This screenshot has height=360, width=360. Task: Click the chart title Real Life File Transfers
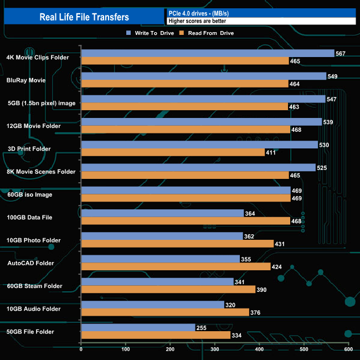84,17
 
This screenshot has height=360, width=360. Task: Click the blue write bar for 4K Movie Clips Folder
207,53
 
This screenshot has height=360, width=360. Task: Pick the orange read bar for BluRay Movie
184,84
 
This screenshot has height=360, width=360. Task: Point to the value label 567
341,54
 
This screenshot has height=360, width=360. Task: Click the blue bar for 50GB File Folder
138,327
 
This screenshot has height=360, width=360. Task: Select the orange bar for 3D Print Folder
172,152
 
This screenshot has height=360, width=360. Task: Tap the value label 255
202,328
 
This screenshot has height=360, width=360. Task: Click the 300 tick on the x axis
215,349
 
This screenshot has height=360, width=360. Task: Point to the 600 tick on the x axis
348,349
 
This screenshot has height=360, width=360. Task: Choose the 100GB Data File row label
29,218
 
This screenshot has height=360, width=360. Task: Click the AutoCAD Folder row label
30,263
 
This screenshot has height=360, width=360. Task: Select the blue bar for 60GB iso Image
186,191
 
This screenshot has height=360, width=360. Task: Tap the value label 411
271,152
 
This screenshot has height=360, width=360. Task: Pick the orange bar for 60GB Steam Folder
168,289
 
